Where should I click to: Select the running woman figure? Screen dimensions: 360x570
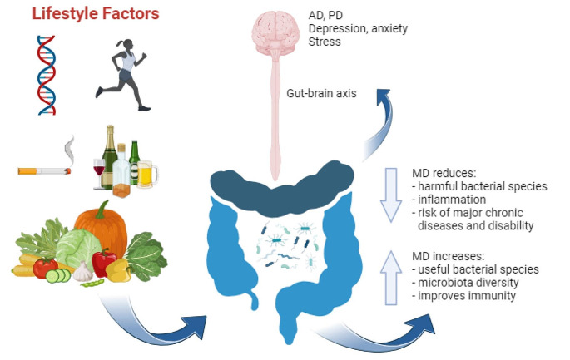126,72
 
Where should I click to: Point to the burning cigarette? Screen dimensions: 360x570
46,170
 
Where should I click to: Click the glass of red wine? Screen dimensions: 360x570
99,175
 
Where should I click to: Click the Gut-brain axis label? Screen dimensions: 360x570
320,94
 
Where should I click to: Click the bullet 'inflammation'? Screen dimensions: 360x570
454,200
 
